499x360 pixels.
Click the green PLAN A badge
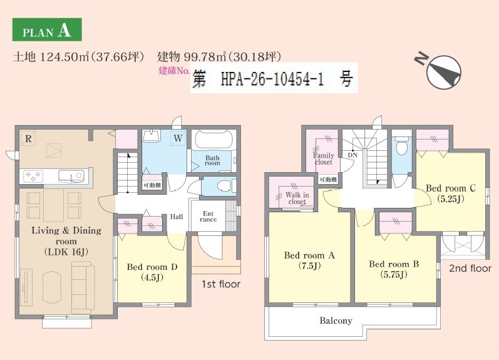[47, 29]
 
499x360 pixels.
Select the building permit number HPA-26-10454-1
[272, 79]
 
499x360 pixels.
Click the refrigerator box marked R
[28, 138]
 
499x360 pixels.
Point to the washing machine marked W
[178, 138]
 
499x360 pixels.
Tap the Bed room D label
[152, 272]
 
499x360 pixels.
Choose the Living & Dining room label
[66, 240]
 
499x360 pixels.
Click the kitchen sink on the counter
[71, 176]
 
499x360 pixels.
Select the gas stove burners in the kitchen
[33, 176]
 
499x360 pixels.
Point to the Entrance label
[208, 217]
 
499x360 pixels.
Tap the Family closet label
[324, 158]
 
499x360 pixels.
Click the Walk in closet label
[297, 198]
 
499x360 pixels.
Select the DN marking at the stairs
[352, 155]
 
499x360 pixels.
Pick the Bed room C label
[451, 193]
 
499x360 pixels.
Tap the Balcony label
[336, 321]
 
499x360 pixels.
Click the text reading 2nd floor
[470, 269]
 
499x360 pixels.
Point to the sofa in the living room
[83, 286]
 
